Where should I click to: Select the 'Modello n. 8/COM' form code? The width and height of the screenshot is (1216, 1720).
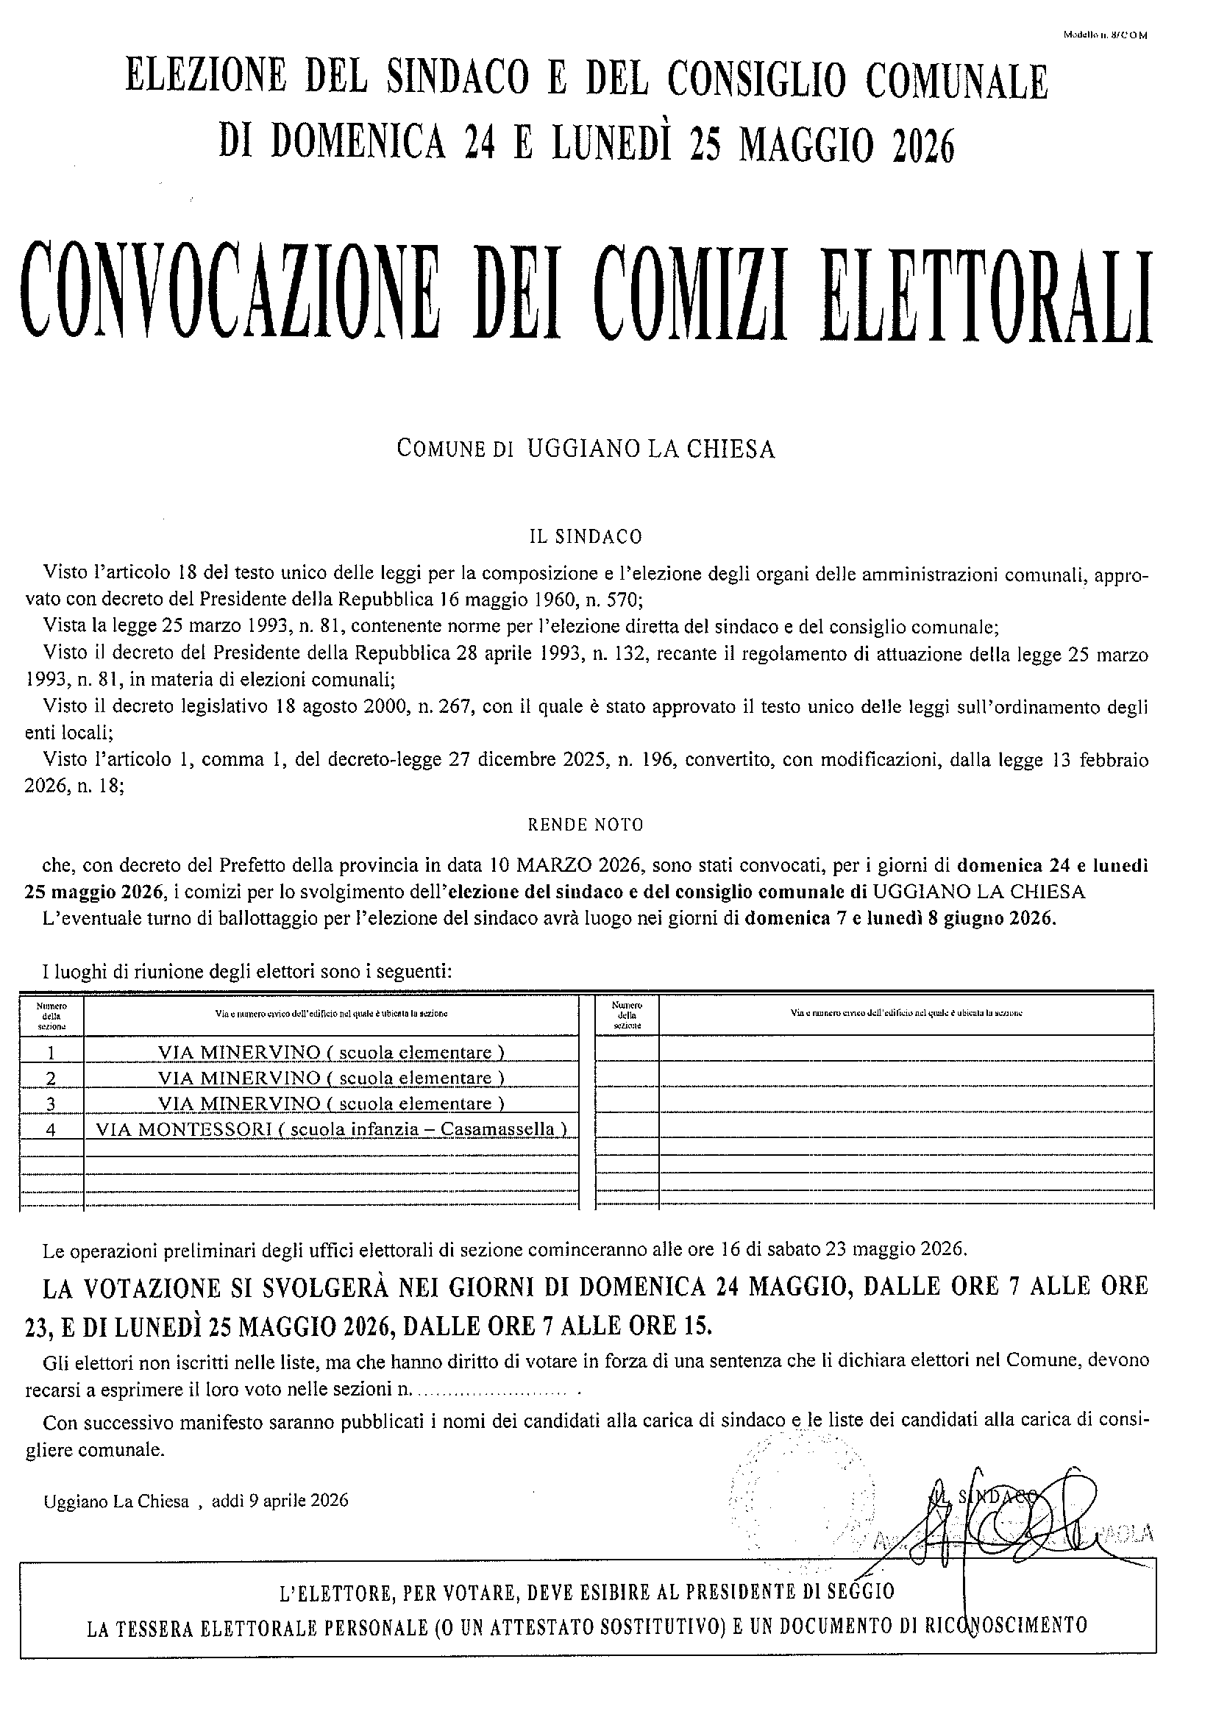coord(1104,35)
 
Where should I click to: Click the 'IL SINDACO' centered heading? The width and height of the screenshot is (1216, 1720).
coord(586,536)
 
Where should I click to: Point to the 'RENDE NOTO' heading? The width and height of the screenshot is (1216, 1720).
coord(586,825)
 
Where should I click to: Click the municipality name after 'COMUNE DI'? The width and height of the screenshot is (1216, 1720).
coord(651,449)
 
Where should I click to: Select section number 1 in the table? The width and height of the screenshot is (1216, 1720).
coord(51,1053)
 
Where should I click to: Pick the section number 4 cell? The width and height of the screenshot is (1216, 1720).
coord(51,1129)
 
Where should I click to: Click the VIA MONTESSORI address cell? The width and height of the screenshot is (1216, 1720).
coord(331,1129)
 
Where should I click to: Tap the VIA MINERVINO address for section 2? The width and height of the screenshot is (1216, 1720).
coord(331,1078)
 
